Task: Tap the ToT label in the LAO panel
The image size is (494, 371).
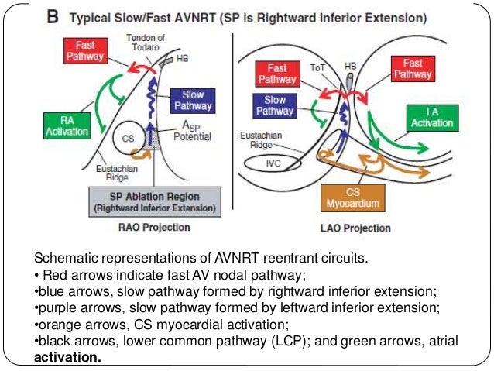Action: pos(316,67)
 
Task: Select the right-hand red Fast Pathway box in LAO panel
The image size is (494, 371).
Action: pos(413,69)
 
